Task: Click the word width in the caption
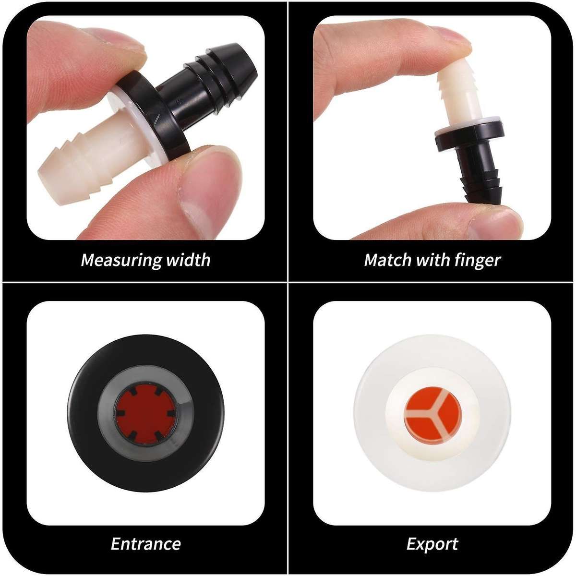pos(188,260)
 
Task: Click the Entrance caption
pos(145,543)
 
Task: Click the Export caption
pos(432,544)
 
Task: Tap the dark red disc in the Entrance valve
pos(145,413)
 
